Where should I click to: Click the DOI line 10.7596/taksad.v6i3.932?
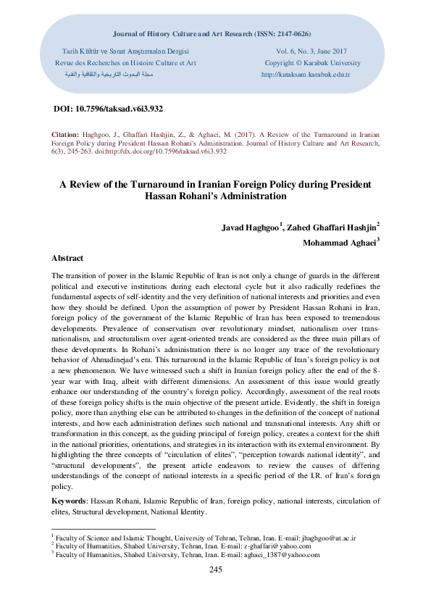click(109, 108)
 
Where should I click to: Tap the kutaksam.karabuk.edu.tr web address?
click(305, 75)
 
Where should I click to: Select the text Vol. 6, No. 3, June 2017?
click(312, 51)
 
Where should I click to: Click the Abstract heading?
click(67, 258)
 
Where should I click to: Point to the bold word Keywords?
click(68, 501)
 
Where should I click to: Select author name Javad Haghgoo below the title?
click(251, 227)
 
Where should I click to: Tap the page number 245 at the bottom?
click(215, 570)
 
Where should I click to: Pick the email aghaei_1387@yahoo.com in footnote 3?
click(283, 554)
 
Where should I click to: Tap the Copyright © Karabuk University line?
click(313, 63)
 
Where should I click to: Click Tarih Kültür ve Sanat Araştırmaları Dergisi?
click(126, 51)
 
